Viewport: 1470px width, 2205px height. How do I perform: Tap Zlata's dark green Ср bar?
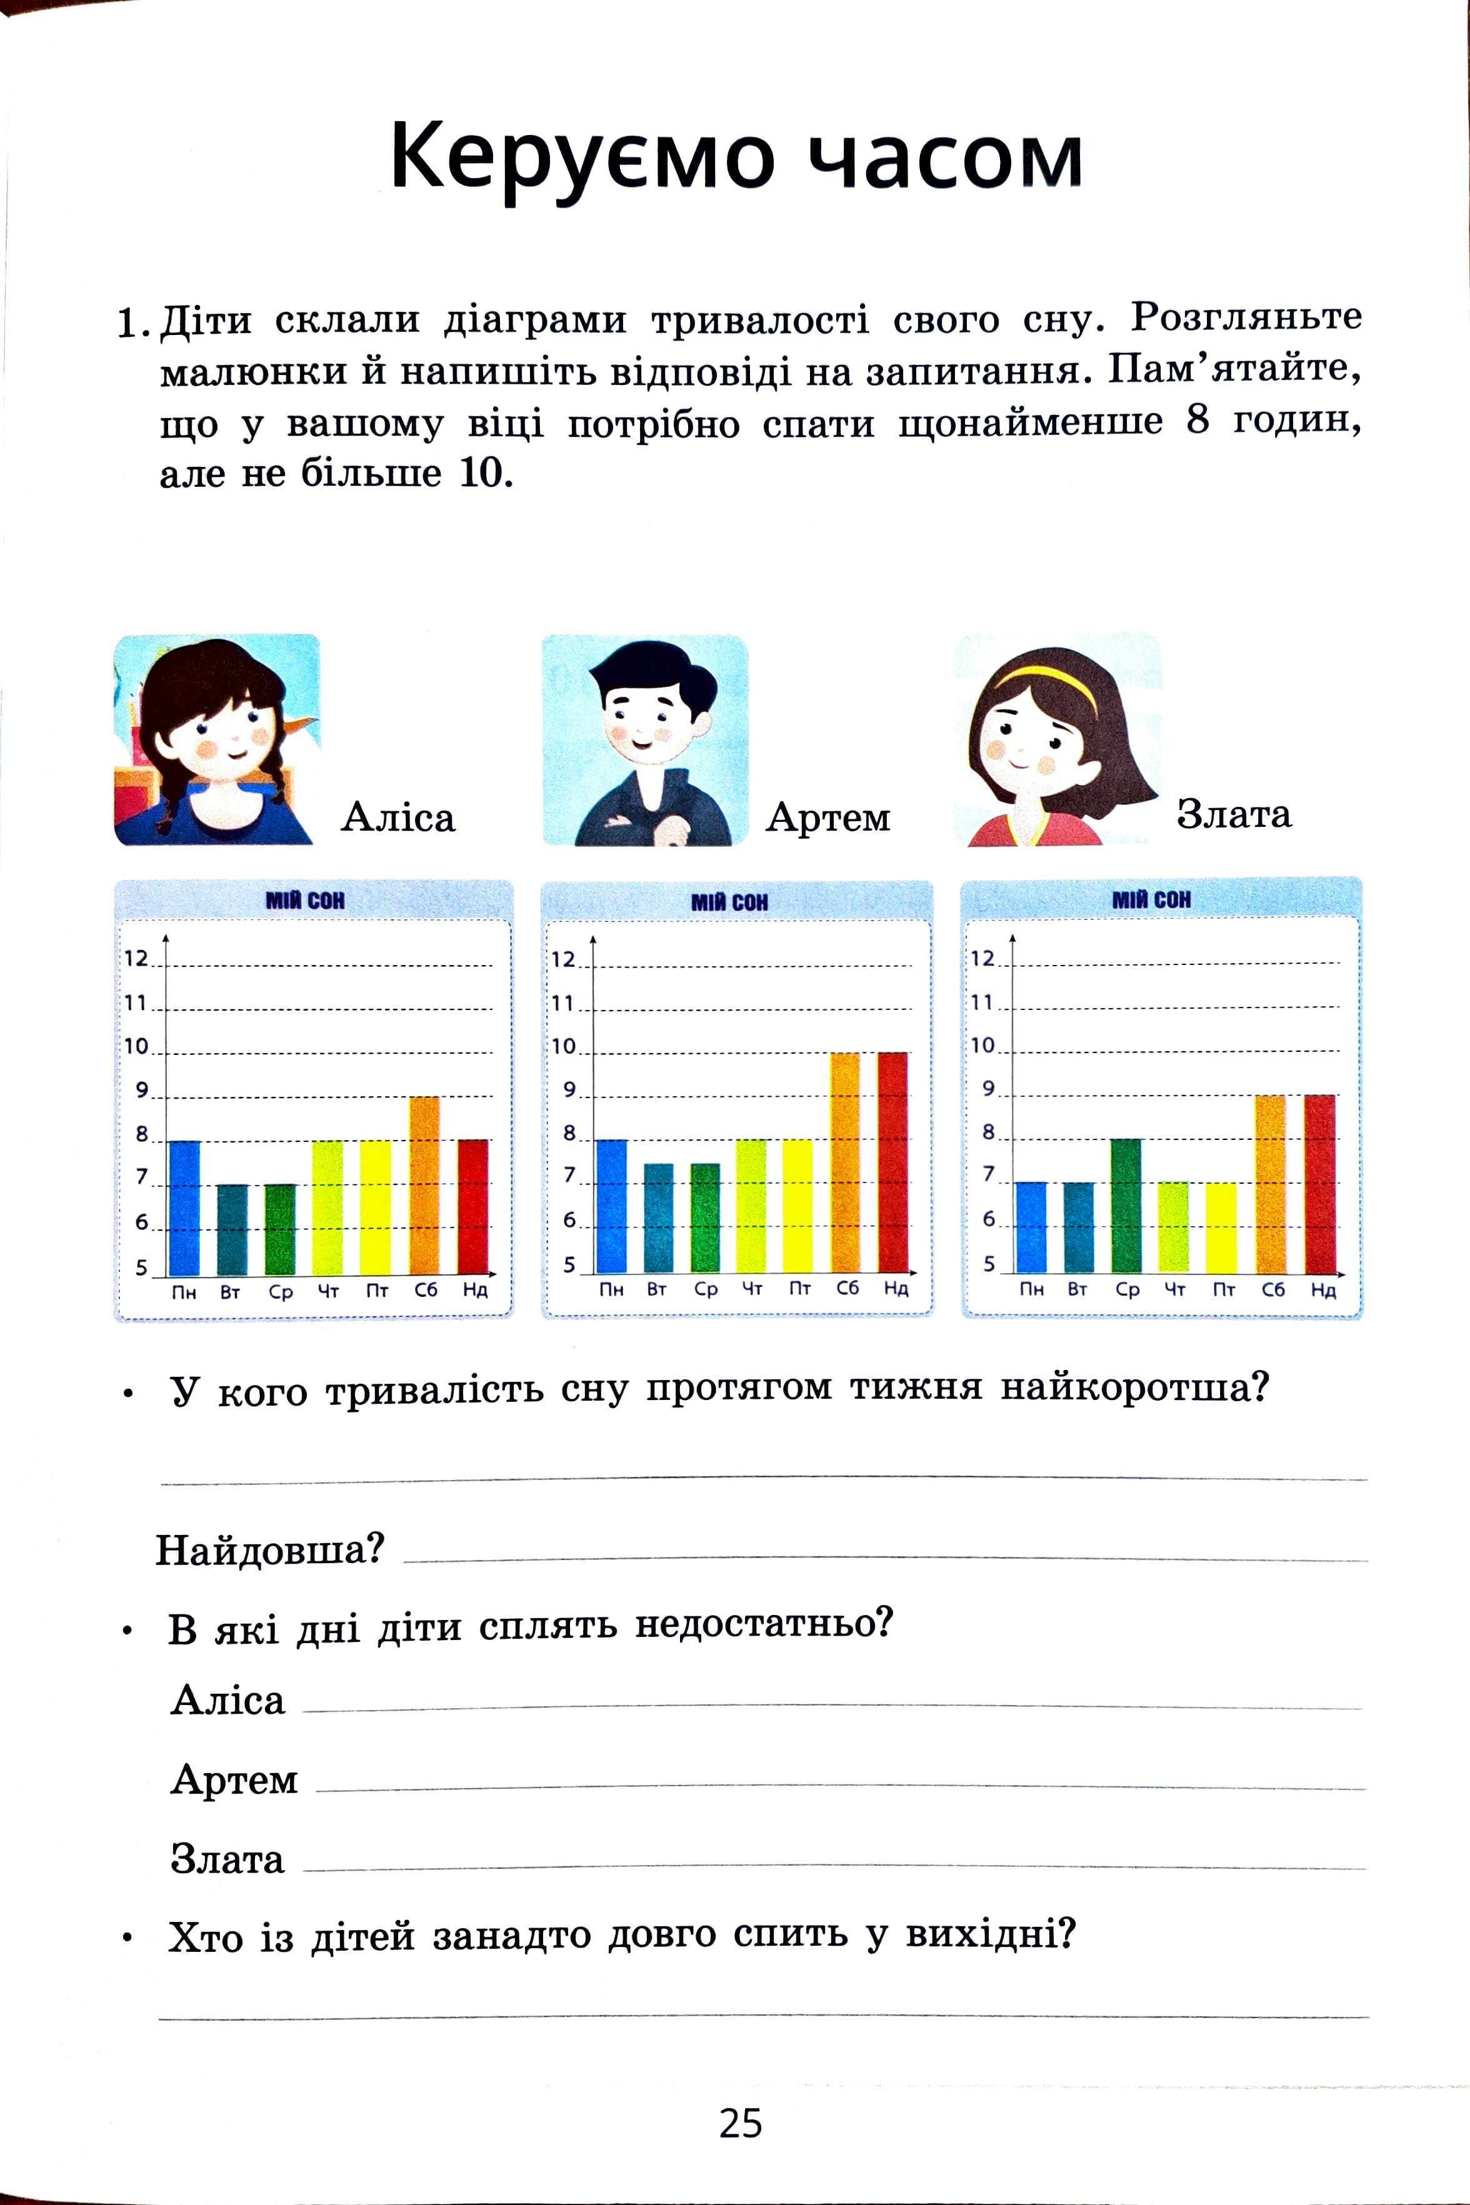(1126, 1206)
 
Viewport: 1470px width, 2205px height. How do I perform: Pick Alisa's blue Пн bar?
(184, 1207)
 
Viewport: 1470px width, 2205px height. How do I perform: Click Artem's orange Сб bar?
(845, 1162)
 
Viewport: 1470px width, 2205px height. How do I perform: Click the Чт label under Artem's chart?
(752, 1289)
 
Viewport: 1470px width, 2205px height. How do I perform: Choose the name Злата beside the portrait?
(1234, 814)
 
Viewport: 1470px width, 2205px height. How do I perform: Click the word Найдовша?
(270, 1550)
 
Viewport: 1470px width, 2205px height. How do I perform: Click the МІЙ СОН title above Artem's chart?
(729, 902)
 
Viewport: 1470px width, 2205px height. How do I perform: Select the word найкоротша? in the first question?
(1134, 1386)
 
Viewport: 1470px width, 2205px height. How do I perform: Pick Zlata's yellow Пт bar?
(1221, 1228)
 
